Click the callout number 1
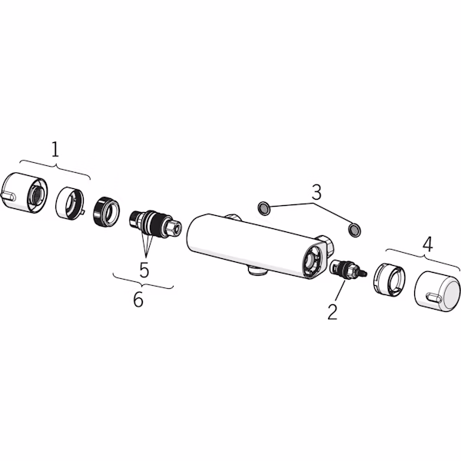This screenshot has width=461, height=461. (x=55, y=149)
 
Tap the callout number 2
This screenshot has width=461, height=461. (x=333, y=312)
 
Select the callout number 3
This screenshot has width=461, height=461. (x=317, y=192)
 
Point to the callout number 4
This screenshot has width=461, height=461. (x=427, y=244)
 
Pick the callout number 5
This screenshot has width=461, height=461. (x=144, y=270)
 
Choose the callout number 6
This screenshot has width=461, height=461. (x=138, y=300)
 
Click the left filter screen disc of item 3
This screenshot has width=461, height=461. (x=264, y=208)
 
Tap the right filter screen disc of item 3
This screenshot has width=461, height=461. (x=354, y=230)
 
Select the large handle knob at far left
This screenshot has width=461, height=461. (x=25, y=193)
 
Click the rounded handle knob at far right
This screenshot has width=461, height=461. (x=437, y=291)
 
